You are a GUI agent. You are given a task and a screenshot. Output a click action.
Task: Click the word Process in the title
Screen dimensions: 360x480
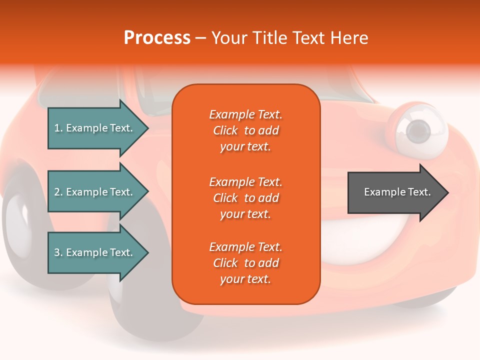click(x=157, y=38)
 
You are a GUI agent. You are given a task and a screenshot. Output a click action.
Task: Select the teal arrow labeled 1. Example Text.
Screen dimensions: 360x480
click(x=95, y=128)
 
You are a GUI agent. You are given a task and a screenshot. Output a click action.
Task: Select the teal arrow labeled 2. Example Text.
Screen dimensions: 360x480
click(x=95, y=192)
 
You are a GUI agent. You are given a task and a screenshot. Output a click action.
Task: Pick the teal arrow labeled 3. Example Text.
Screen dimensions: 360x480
click(x=95, y=252)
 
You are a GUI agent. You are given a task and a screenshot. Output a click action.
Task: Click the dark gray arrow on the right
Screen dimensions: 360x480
click(x=395, y=192)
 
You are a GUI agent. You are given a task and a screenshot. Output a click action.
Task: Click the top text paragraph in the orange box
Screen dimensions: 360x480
click(x=245, y=130)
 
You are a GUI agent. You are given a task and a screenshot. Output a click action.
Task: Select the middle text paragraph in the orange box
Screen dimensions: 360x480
click(x=245, y=198)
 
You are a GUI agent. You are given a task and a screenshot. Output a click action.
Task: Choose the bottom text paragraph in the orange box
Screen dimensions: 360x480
click(x=245, y=263)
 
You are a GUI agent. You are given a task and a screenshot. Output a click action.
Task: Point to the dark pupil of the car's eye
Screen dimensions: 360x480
click(x=417, y=131)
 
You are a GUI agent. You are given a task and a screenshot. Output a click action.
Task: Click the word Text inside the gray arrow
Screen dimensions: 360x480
click(x=419, y=192)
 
